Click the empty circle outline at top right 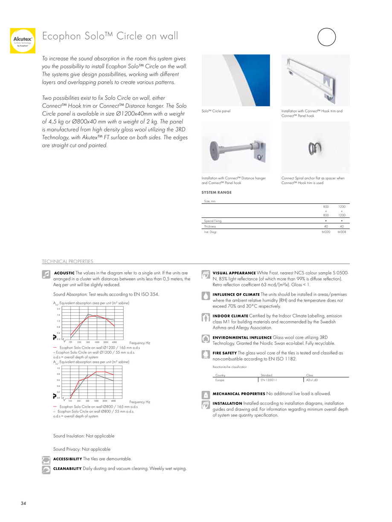(327, 37)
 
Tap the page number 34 (23, 504)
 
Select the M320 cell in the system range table (325, 232)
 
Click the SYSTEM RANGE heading (216, 192)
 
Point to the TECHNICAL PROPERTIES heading (67, 261)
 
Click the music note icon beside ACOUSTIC (47, 275)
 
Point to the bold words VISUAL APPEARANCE (234, 273)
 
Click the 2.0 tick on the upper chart (58, 309)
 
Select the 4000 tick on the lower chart (113, 401)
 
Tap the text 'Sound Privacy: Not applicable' (81, 449)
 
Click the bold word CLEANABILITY (67, 469)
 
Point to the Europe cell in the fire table (220, 380)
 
